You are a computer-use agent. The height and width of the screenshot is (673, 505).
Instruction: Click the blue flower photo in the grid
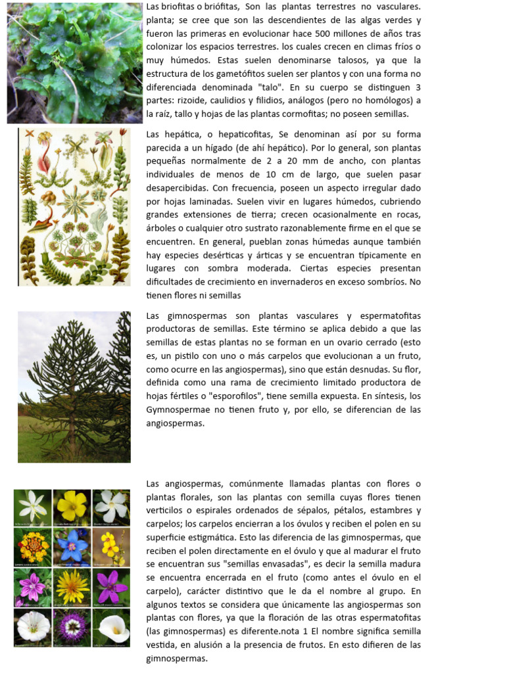[72, 545]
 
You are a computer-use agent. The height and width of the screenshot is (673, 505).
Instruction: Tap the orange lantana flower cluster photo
[33, 545]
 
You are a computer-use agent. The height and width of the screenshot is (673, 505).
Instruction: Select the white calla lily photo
[111, 626]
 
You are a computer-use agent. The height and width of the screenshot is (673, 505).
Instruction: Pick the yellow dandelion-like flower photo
[72, 586]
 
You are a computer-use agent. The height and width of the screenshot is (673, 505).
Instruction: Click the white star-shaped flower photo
[33, 505]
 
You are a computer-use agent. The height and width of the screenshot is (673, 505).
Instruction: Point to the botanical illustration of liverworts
[74, 206]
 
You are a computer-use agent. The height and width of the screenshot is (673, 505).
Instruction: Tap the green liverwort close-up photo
[74, 62]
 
